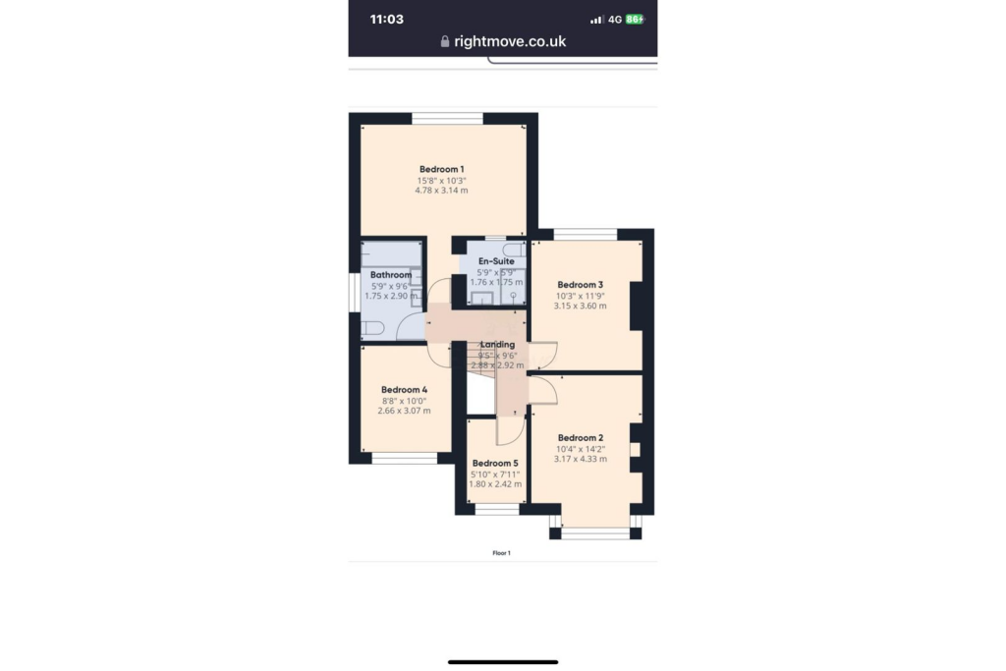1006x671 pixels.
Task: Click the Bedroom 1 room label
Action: point(441,169)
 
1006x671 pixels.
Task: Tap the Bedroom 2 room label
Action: point(580,438)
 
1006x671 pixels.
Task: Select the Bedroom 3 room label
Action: point(580,285)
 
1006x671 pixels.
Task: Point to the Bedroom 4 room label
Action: point(404,389)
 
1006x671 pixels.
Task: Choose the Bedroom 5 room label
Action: point(494,464)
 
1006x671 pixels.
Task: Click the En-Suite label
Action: point(496,261)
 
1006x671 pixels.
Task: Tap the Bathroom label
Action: point(390,275)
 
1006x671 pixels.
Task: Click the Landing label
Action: point(498,344)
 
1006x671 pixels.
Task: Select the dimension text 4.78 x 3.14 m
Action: point(441,191)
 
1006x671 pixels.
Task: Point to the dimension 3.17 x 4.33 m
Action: point(580,459)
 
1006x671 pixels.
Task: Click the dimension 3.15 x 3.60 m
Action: point(580,306)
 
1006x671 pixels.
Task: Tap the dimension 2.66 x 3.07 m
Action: point(404,411)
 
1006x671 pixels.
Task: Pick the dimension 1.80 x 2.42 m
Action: point(494,484)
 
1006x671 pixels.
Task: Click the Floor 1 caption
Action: point(502,554)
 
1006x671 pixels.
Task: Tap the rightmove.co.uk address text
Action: point(510,41)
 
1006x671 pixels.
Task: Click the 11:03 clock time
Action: point(386,19)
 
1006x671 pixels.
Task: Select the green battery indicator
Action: point(635,19)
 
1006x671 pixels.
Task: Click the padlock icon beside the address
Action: point(445,41)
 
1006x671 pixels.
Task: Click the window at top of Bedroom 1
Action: point(447,119)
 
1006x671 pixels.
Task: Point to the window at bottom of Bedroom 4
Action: point(404,458)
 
